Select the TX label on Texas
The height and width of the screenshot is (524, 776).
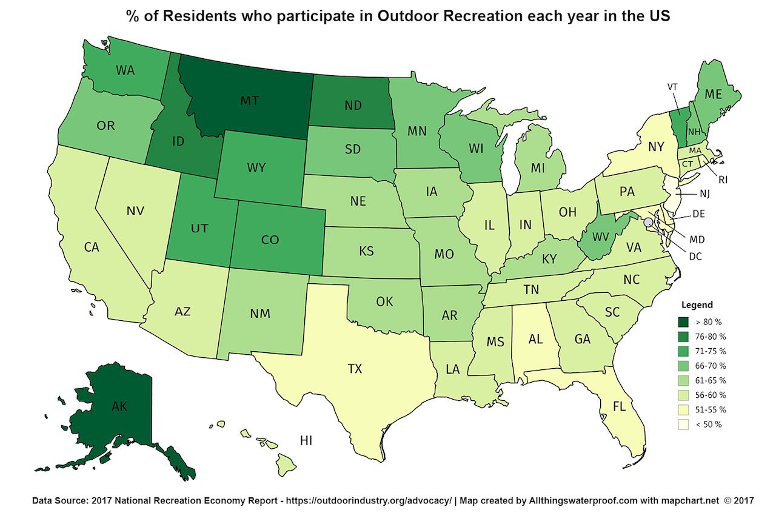coord(355,368)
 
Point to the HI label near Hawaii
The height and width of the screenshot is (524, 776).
coord(307,440)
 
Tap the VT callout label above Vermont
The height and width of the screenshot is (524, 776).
coord(672,87)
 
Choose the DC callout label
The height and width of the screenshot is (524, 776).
coord(695,257)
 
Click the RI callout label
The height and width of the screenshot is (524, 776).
coord(723,180)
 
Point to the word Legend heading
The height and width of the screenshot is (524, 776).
coord(697,305)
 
